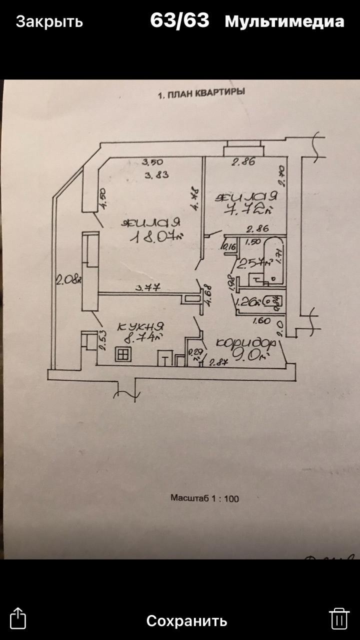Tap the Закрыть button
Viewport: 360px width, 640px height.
(x=49, y=22)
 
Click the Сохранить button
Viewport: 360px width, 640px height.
(x=186, y=620)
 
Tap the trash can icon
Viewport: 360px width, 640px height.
(x=338, y=618)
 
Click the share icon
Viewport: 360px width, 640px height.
(x=18, y=618)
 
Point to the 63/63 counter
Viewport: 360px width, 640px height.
(x=179, y=21)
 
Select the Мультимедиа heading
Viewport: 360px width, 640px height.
(x=284, y=22)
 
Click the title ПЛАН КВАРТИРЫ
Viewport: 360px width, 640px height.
(x=201, y=94)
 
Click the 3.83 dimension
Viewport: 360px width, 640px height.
(x=155, y=175)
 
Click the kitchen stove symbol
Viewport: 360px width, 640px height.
(x=123, y=354)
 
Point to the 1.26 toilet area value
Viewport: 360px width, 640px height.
(x=248, y=302)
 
